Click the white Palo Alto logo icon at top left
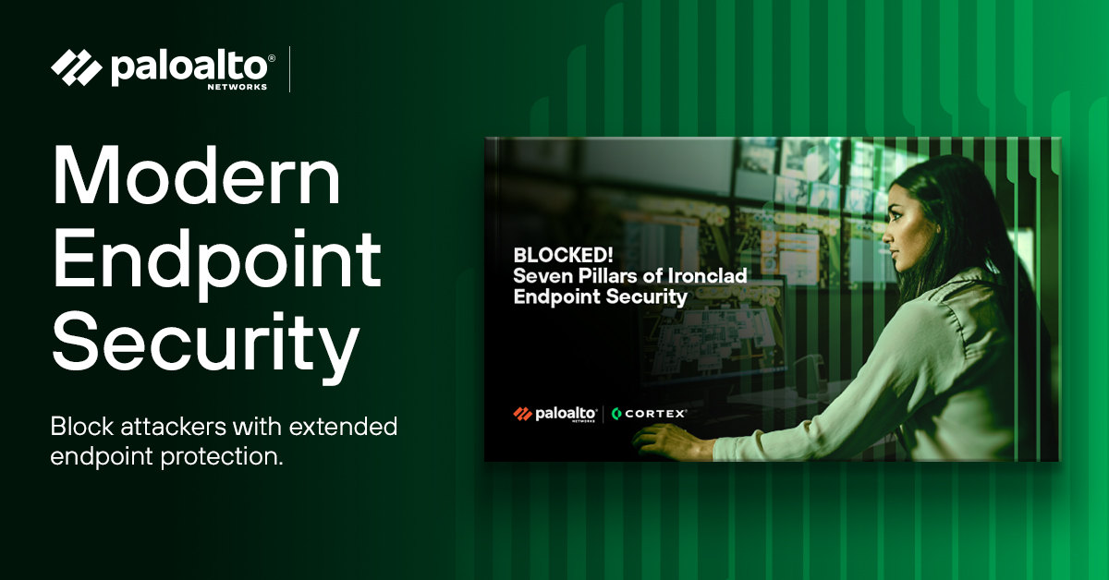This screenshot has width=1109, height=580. coord(77,68)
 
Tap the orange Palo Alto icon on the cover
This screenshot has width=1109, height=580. coord(522,414)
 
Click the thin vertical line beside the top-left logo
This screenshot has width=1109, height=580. coord(290,69)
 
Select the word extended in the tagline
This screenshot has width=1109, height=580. coord(344,428)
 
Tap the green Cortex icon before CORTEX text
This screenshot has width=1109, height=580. coord(616,414)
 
